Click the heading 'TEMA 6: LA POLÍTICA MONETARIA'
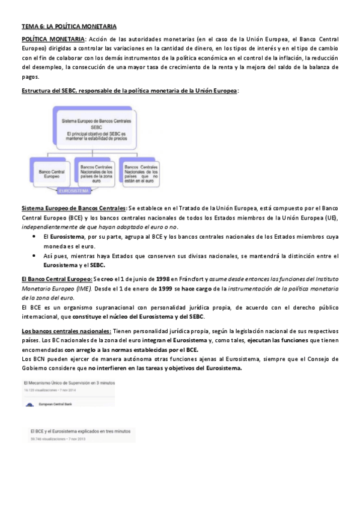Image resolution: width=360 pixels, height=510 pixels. click(69, 27)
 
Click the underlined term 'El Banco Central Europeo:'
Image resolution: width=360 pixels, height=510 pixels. click(57, 279)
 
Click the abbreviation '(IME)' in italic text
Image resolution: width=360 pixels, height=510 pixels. click(81, 289)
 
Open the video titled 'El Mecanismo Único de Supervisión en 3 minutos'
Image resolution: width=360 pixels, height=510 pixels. click(69, 382)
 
